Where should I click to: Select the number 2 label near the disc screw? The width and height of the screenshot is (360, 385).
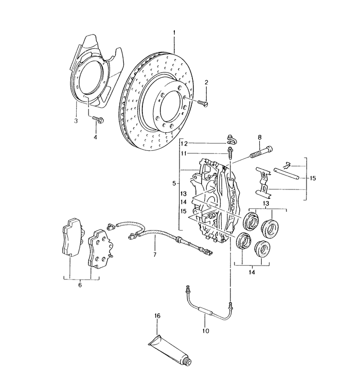click(206, 82)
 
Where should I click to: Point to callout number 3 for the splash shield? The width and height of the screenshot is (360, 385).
click(75, 121)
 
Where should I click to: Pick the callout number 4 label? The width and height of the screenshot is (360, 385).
click(95, 138)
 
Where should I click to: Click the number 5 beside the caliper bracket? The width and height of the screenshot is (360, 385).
click(174, 183)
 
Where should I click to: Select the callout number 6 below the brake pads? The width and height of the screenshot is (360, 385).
click(80, 284)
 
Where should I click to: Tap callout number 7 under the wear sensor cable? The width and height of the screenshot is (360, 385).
click(154, 255)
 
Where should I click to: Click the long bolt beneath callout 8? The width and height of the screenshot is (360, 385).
click(262, 152)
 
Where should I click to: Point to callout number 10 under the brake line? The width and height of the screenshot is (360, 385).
click(206, 331)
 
